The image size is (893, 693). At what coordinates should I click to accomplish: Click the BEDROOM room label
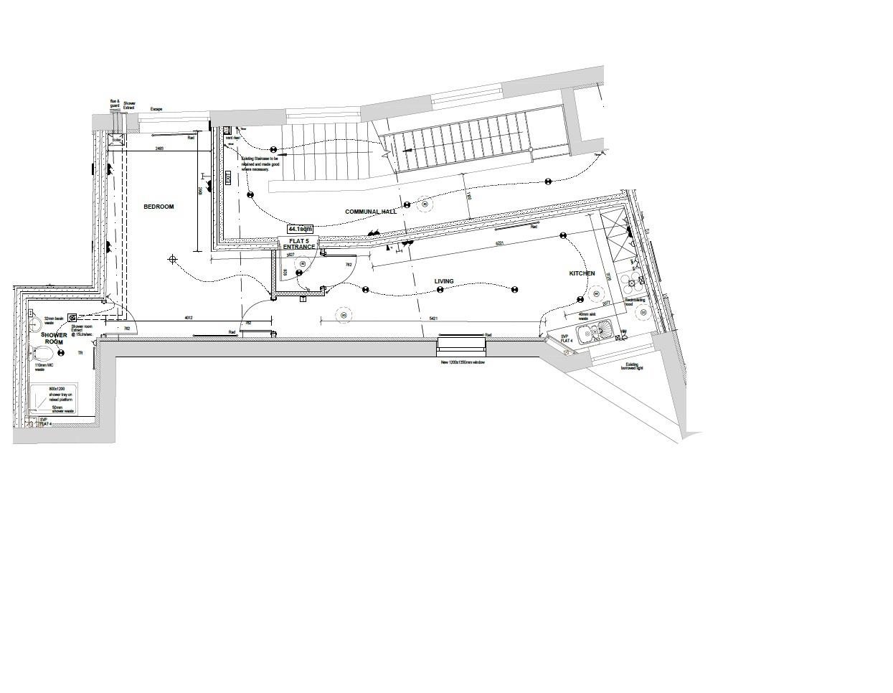159,207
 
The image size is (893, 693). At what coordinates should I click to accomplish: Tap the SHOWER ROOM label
54,339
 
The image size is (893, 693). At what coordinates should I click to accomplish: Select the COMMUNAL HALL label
370,212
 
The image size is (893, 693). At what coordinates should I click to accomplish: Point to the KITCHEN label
582,273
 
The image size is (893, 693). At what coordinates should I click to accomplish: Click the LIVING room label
444,281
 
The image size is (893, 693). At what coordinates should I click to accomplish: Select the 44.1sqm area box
300,230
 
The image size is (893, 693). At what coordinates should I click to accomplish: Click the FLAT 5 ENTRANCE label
298,244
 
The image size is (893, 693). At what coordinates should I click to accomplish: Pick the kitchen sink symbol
595,333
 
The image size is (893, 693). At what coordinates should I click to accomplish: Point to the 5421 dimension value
435,318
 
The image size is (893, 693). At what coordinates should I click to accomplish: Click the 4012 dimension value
189,318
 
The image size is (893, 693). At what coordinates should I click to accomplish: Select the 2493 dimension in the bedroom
159,148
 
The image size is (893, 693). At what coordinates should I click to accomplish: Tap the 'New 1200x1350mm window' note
463,363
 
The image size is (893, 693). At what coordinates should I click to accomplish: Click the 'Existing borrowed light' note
633,366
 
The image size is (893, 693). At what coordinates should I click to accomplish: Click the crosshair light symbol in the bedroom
172,259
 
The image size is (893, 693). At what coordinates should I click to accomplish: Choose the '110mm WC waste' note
44,367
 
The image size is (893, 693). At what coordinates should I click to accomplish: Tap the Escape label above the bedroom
156,109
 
